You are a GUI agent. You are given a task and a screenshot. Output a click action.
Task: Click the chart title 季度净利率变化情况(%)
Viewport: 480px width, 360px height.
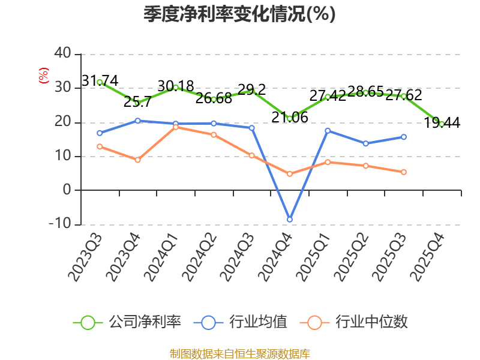click(x=239, y=14)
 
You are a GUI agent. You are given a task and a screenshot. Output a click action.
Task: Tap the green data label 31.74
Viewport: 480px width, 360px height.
click(x=100, y=81)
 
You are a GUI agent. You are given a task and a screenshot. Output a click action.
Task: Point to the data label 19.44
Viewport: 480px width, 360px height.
click(x=442, y=123)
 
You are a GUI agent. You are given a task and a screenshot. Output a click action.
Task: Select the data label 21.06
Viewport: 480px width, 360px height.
click(x=290, y=117)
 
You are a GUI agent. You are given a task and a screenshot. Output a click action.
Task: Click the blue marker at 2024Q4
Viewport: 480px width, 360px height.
click(x=290, y=220)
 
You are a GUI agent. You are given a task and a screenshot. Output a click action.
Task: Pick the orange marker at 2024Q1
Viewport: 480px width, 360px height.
click(x=176, y=127)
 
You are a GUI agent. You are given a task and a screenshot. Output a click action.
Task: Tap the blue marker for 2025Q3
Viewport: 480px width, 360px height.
click(x=404, y=137)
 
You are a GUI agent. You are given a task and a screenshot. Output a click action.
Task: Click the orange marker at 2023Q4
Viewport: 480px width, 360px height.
click(x=138, y=160)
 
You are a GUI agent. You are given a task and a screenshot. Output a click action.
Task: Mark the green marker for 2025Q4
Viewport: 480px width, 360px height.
click(x=442, y=124)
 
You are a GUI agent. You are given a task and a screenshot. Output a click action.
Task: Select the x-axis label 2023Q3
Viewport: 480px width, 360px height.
click(x=85, y=257)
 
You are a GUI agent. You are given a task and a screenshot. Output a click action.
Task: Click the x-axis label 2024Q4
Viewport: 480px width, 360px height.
click(x=275, y=257)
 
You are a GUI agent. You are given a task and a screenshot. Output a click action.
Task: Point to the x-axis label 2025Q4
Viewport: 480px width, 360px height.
click(x=427, y=257)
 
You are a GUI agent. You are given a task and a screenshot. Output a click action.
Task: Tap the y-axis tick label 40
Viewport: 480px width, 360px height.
click(x=63, y=53)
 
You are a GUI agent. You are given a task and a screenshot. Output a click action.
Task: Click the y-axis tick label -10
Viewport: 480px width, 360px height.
click(x=60, y=224)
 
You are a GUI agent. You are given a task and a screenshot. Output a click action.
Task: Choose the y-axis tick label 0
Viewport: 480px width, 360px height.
click(x=67, y=190)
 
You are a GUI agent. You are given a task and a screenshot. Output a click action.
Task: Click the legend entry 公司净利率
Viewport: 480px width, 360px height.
click(x=127, y=322)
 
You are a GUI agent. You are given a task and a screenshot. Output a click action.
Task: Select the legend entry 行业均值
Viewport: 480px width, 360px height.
click(x=241, y=322)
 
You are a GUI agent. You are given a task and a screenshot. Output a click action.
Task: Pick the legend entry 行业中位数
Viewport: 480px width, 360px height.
click(x=354, y=322)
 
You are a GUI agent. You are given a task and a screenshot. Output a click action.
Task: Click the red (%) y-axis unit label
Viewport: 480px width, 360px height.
click(x=43, y=76)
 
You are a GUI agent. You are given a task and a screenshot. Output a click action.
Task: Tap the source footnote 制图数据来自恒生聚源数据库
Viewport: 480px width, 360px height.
click(x=240, y=354)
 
